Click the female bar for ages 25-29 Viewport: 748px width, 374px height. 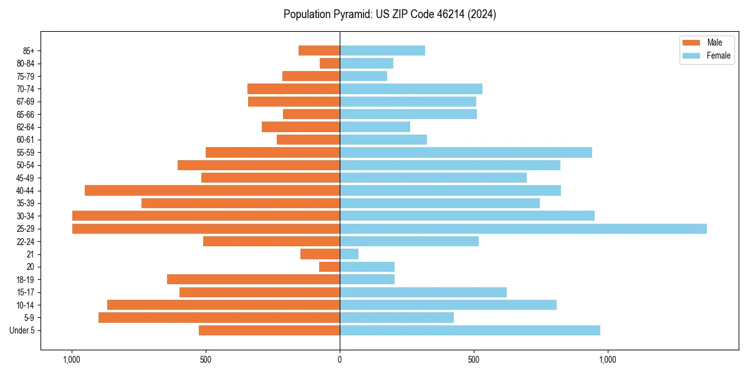pyautogui.click(x=523, y=229)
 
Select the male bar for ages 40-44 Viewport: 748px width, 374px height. pyautogui.click(x=212, y=191)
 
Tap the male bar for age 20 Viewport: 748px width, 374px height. pyautogui.click(x=329, y=267)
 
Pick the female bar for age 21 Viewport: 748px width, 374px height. pyautogui.click(x=349, y=254)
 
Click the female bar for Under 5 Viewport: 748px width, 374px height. pyautogui.click(x=470, y=330)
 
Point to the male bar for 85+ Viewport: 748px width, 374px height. pyautogui.click(x=319, y=50)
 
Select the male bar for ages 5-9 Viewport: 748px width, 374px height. pyautogui.click(x=219, y=318)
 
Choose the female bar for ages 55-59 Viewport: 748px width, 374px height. pyautogui.click(x=466, y=153)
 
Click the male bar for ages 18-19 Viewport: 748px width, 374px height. pyautogui.click(x=253, y=280)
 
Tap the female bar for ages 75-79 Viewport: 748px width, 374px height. pyautogui.click(x=363, y=76)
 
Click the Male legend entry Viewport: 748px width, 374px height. pyautogui.click(x=706, y=42)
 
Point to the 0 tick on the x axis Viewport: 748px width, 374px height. pyautogui.click(x=340, y=360)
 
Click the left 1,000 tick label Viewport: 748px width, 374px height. pyautogui.click(x=72, y=360)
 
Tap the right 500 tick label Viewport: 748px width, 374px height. pyautogui.click(x=474, y=360)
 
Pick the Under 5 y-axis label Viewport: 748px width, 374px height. pyautogui.click(x=22, y=330)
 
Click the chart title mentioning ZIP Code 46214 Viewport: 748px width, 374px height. pyautogui.click(x=390, y=14)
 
